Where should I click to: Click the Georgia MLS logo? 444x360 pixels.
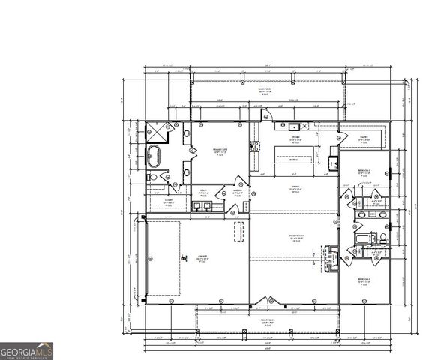tap(27, 350)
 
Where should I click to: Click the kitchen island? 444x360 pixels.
tap(295, 159)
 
